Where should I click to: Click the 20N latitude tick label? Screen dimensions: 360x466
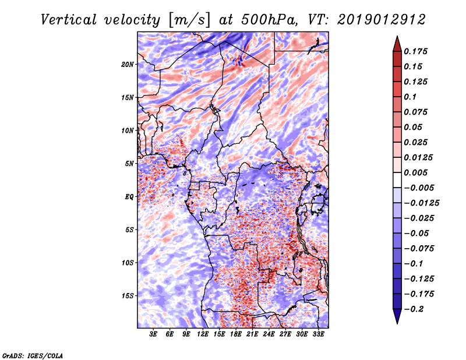pos(128,64)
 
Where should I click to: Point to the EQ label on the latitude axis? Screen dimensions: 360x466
pos(129,196)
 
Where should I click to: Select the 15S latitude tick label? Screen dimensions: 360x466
pos(128,296)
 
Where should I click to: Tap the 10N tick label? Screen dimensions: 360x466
pos(128,130)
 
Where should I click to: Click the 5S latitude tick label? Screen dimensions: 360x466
pos(129,230)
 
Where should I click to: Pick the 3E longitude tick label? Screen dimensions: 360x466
pos(154,334)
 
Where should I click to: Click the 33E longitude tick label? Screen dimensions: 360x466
pos(319,334)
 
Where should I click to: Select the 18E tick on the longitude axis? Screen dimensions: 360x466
pos(236,334)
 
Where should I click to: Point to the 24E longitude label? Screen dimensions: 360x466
pos(269,334)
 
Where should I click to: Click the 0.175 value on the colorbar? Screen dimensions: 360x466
pos(418,52)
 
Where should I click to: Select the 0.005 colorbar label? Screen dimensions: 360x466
pos(418,173)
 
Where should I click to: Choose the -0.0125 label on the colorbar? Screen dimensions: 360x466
pos(423,203)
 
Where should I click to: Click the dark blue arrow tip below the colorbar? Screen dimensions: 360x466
pos(397,319)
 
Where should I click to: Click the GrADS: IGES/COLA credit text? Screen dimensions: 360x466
pos(32,355)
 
